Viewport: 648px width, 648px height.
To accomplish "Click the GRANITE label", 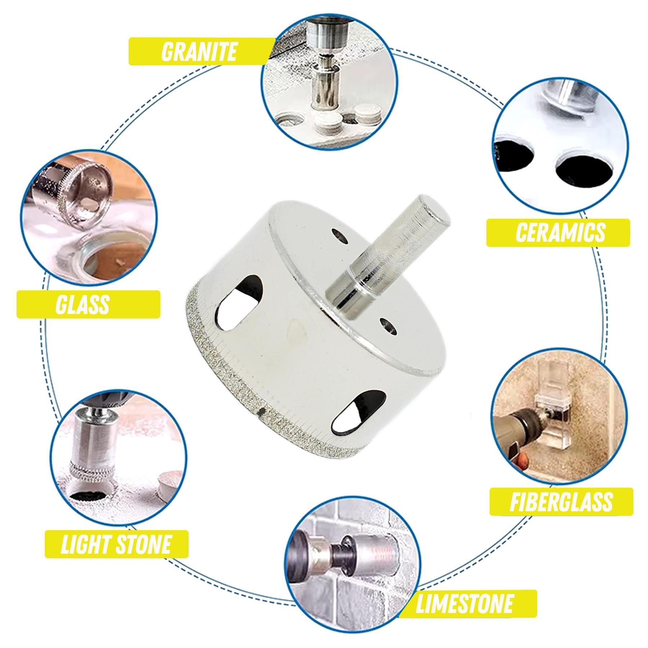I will [x=199, y=51].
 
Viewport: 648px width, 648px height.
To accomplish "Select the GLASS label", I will [x=83, y=305].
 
